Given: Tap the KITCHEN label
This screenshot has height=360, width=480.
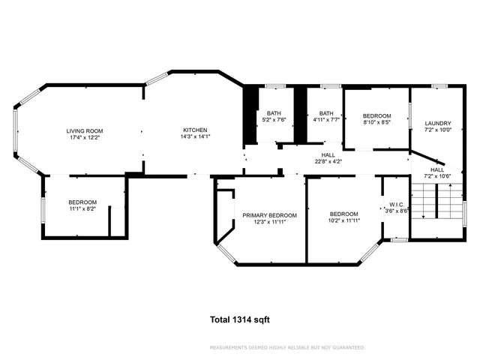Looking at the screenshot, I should [x=193, y=130].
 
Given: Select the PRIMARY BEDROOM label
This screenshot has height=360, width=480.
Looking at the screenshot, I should [x=269, y=215].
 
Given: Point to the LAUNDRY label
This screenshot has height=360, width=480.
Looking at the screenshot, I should [x=437, y=123].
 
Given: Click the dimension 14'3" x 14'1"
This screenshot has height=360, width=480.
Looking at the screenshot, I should [x=193, y=136].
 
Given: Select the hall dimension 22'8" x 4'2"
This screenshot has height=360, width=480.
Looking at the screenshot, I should [x=328, y=160].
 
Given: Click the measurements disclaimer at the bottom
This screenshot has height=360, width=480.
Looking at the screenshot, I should [x=288, y=347].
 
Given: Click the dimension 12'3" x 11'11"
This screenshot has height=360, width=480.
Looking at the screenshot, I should [x=269, y=222].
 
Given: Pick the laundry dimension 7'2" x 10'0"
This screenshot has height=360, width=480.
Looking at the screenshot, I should [x=437, y=130].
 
